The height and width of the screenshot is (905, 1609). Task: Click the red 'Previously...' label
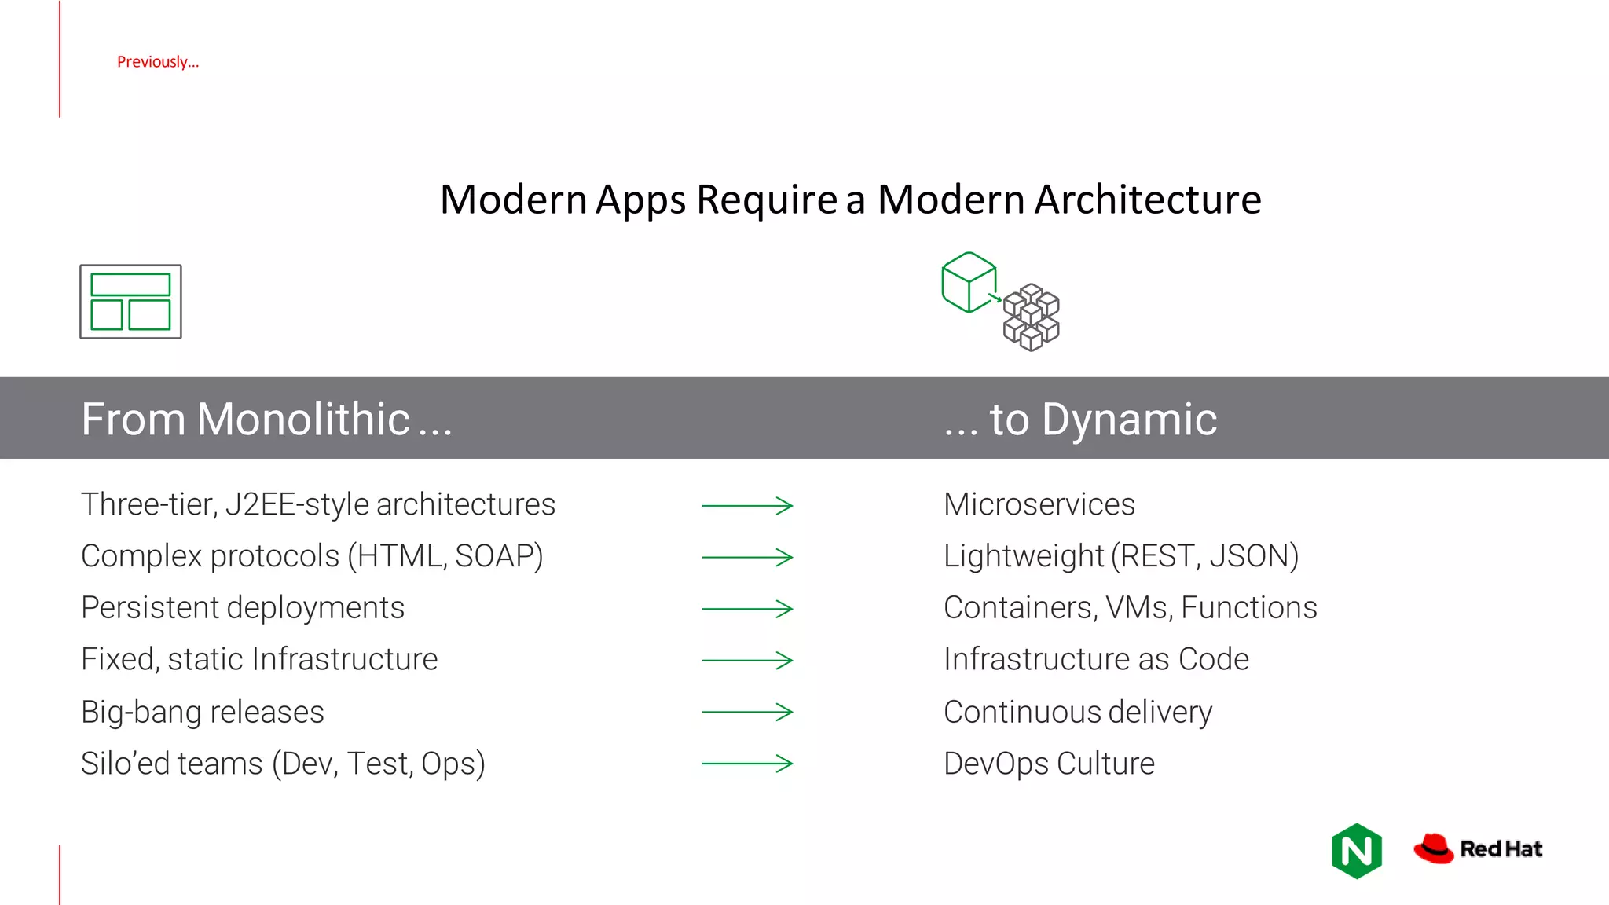point(158,62)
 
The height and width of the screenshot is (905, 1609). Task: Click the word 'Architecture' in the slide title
point(1148,200)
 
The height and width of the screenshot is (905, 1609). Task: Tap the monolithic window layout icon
point(130,302)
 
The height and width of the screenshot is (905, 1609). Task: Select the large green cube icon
point(969,282)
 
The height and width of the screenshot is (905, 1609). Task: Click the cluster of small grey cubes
point(1032,317)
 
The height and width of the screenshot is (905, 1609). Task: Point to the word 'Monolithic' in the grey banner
point(303,419)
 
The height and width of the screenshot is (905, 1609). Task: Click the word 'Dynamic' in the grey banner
point(1129,420)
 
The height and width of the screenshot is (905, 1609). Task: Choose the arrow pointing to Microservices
point(747,506)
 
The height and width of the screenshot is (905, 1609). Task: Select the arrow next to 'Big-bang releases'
point(747,712)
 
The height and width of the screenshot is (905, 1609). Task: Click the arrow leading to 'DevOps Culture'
point(747,764)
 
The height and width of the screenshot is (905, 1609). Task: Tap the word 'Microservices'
point(1039,504)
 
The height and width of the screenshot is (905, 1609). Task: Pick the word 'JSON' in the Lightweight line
point(1249,556)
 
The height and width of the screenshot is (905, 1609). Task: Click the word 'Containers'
point(1018,608)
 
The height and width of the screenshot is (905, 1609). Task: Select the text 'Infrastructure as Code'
point(1096,659)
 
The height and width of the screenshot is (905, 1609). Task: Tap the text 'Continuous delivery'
point(1078,712)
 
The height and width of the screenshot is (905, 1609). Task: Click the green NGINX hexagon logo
point(1357,851)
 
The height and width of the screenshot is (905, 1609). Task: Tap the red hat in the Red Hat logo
point(1434,848)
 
